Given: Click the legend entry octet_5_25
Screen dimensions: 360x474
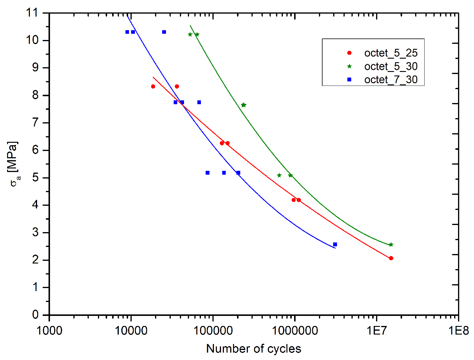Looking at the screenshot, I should pyautogui.click(x=391, y=53).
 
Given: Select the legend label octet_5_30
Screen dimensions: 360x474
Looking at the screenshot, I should pyautogui.click(x=391, y=66).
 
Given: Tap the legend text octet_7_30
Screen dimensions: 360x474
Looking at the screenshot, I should pyautogui.click(x=391, y=80).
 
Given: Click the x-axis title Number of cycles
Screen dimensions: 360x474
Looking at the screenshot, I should pyautogui.click(x=254, y=349).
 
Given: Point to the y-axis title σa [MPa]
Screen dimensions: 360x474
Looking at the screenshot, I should pyautogui.click(x=14, y=164).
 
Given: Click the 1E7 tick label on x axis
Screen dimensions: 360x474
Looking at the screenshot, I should pyautogui.click(x=376, y=330).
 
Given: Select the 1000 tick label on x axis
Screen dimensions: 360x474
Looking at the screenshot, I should pyautogui.click(x=49, y=330).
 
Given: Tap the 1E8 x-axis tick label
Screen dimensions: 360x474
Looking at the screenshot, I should pyautogui.click(x=458, y=330).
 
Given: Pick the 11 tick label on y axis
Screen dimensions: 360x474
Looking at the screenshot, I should pyautogui.click(x=33, y=13).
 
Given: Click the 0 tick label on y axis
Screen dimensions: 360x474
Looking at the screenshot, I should pyautogui.click(x=36, y=315).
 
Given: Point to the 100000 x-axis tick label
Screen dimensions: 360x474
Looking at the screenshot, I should pyautogui.click(x=213, y=330).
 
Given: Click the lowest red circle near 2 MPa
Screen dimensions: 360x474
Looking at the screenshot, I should pyautogui.click(x=391, y=258).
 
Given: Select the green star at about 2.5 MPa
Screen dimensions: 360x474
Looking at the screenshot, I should pyautogui.click(x=391, y=245).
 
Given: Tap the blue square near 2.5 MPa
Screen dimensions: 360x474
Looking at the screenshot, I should pyautogui.click(x=335, y=245).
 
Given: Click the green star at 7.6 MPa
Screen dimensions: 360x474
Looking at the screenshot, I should pyautogui.click(x=244, y=105).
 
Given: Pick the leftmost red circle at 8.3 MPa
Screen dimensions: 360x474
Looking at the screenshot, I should pyautogui.click(x=153, y=86).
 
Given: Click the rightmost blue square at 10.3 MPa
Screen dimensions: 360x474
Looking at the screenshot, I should pyautogui.click(x=164, y=32).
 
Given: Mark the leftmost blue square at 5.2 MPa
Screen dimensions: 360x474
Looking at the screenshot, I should pyautogui.click(x=207, y=173).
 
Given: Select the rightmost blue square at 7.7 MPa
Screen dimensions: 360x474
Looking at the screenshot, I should pyautogui.click(x=199, y=102).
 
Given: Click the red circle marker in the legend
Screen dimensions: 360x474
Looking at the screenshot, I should pyautogui.click(x=349, y=53).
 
